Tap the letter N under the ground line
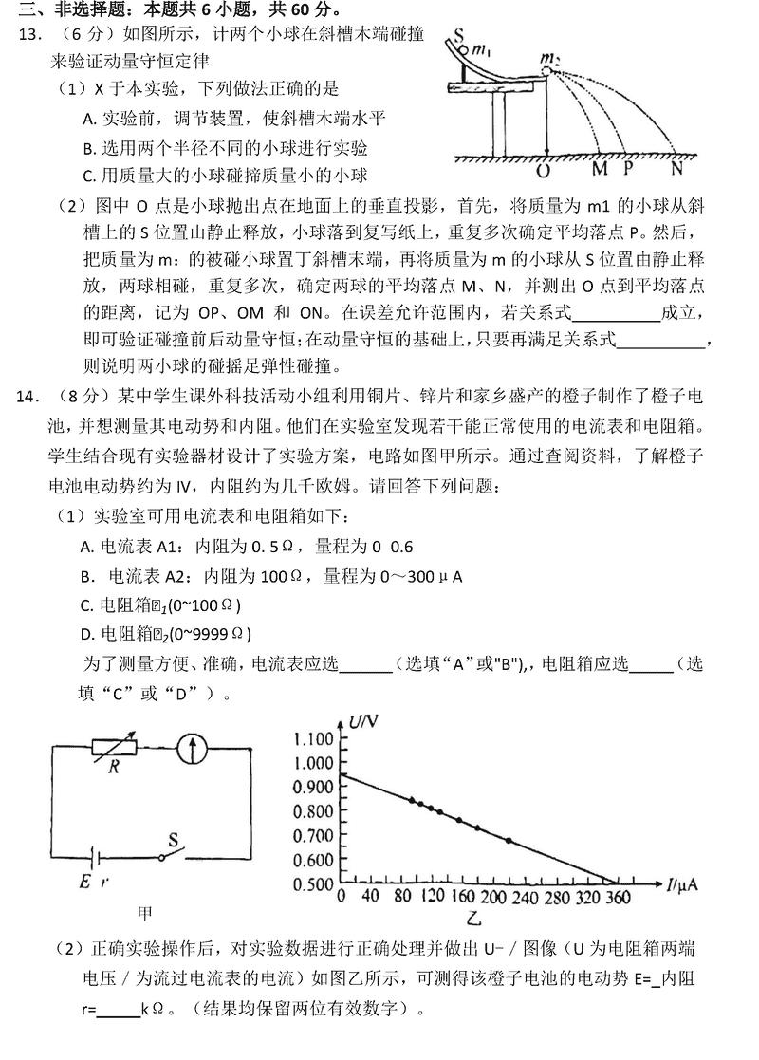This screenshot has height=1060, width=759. click(676, 171)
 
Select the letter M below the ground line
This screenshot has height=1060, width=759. click(600, 171)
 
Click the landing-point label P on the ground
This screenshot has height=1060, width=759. click(628, 171)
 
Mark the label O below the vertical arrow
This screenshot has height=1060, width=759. click(543, 172)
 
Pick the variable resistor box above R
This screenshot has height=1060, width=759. click(114, 746)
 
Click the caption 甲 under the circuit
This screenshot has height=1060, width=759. click(145, 914)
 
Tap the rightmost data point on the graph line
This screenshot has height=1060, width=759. click(509, 841)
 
